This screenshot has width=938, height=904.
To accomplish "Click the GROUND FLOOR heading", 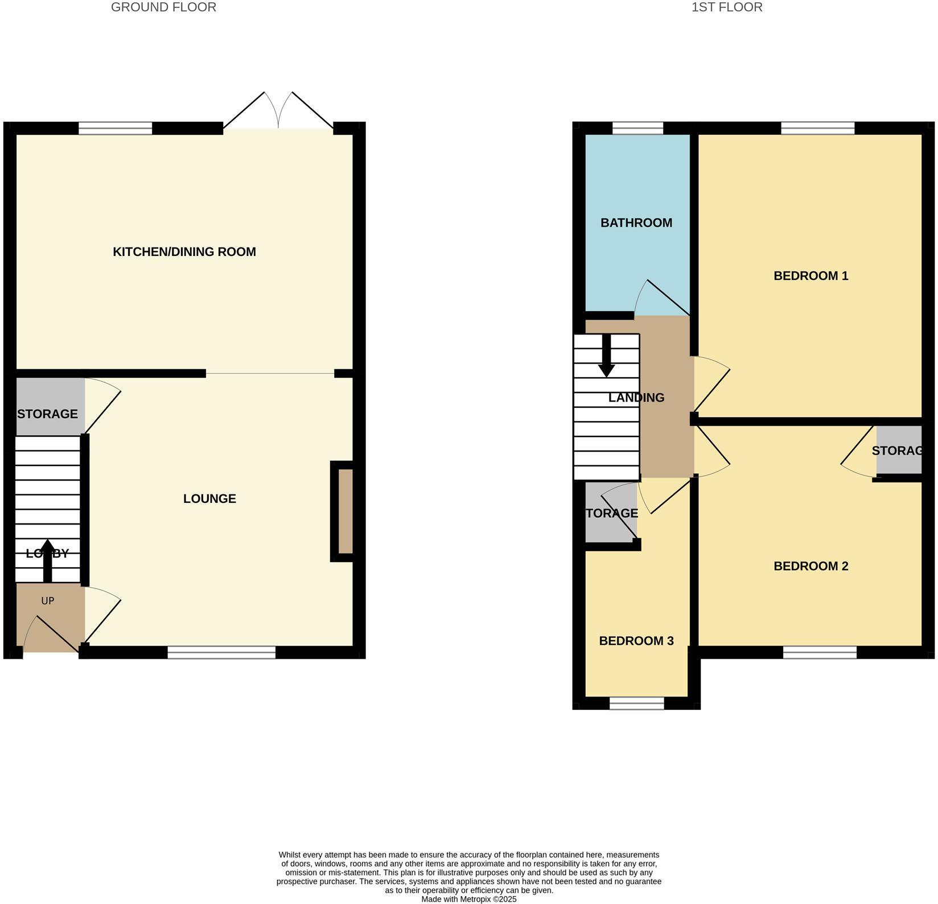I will click(163, 7).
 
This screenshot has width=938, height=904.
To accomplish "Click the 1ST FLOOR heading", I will click(726, 7).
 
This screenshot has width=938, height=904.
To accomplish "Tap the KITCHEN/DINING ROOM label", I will click(184, 251).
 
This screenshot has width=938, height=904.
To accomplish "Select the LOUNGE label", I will click(209, 498).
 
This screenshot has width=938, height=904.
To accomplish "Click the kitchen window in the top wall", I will click(115, 128).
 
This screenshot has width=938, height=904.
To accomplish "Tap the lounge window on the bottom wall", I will click(221, 652).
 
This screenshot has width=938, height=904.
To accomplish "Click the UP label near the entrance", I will click(48, 601).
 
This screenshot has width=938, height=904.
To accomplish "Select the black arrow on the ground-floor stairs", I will click(48, 560).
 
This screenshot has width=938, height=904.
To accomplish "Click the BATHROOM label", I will click(636, 222).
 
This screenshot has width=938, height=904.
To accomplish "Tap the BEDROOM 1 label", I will click(811, 276).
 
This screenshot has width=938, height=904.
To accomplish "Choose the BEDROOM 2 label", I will click(811, 566).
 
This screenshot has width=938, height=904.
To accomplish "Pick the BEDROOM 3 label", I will click(636, 641).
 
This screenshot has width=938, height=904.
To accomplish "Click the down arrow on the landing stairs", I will click(607, 356).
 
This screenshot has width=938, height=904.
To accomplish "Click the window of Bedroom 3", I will click(636, 703).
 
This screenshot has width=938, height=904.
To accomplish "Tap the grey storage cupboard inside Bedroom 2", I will click(899, 450).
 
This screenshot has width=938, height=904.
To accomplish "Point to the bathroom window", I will click(637, 128).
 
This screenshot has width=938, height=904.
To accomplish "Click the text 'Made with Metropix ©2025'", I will click(468, 899).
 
